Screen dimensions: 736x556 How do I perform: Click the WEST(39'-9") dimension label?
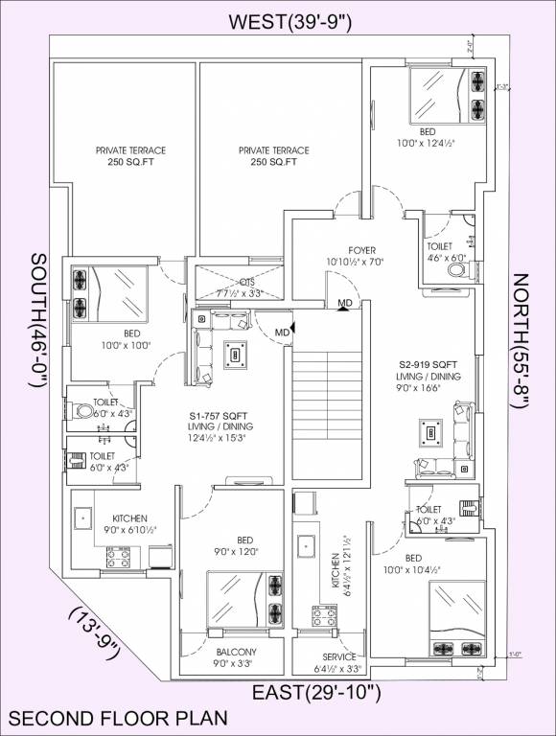pyautogui.click(x=278, y=22)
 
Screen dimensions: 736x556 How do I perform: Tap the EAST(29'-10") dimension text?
pyautogui.click(x=316, y=692)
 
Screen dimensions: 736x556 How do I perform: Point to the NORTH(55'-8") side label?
pyautogui.click(x=521, y=341)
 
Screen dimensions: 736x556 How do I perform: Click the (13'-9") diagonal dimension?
pyautogui.click(x=93, y=632)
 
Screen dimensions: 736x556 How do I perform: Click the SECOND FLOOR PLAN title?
pyautogui.click(x=118, y=717)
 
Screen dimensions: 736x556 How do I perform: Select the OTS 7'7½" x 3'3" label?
pyautogui.click(x=240, y=287)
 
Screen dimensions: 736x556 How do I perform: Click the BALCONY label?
pyautogui.click(x=234, y=652)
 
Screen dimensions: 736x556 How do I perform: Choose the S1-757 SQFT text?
pyautogui.click(x=219, y=414)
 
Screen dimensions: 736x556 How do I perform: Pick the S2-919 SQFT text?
pyautogui.click(x=430, y=365)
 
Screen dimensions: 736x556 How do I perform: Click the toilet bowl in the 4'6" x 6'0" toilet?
pyautogui.click(x=454, y=271)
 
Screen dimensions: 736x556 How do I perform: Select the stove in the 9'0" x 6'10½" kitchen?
pyautogui.click(x=118, y=555)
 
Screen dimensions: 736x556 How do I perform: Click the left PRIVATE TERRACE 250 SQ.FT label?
pyautogui.click(x=130, y=156)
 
